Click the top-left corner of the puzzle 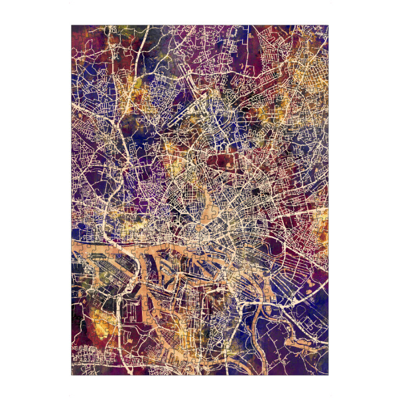(72, 26)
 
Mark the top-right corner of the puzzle (328, 26)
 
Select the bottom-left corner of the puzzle (72, 376)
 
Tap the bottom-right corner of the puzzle (328, 376)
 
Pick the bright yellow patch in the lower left (99, 312)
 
